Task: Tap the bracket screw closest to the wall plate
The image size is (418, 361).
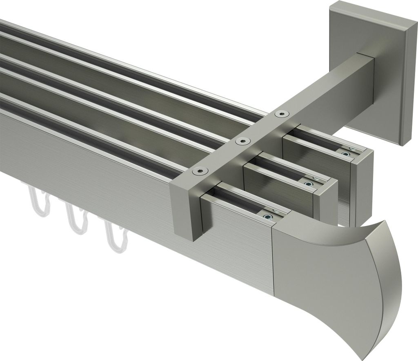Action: click(280, 114)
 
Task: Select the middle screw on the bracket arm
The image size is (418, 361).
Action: click(240, 141)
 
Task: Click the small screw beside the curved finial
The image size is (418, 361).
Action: click(268, 216)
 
